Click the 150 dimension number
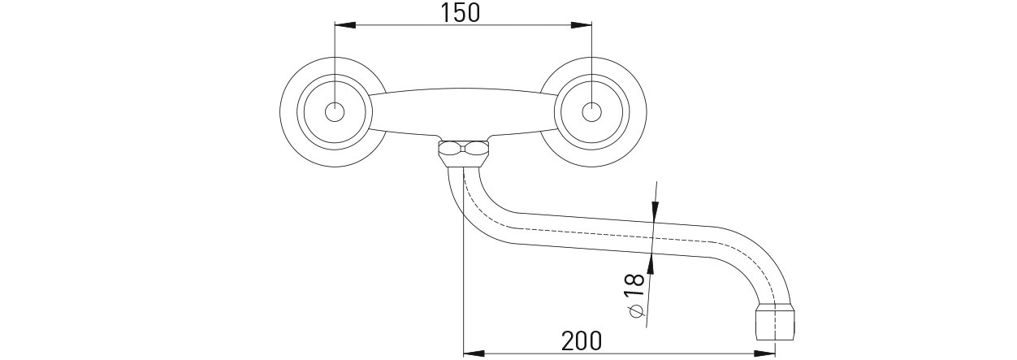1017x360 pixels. [460, 12]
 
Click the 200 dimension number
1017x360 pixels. [582, 340]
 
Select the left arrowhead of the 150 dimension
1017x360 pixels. [344, 25]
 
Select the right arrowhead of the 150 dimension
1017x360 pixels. [581, 25]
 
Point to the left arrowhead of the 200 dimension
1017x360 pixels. [473, 353]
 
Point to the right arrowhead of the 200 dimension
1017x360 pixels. [764, 353]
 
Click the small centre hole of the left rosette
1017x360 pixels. [335, 112]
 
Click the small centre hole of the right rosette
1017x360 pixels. [591, 112]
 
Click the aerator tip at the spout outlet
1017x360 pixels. [776, 323]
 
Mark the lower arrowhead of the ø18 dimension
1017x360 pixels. [650, 264]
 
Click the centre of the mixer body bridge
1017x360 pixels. [463, 112]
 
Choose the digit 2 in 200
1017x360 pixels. [568, 340]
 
